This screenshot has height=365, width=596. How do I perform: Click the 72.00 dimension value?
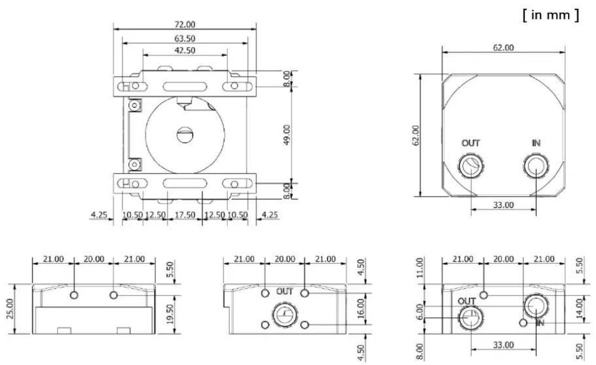point(185,25)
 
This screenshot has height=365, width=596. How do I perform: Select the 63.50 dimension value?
point(185,38)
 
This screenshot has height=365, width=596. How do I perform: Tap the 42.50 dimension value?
point(185,50)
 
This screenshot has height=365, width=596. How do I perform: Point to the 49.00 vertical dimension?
point(287,135)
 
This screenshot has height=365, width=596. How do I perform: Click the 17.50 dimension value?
point(185,215)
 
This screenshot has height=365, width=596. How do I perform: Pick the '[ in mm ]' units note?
point(551,15)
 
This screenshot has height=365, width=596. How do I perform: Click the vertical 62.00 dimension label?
point(416,135)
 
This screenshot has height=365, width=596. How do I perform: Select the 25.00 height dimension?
point(9,309)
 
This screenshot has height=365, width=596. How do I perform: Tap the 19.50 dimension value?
point(170,314)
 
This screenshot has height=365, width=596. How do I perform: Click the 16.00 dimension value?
point(360,309)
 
